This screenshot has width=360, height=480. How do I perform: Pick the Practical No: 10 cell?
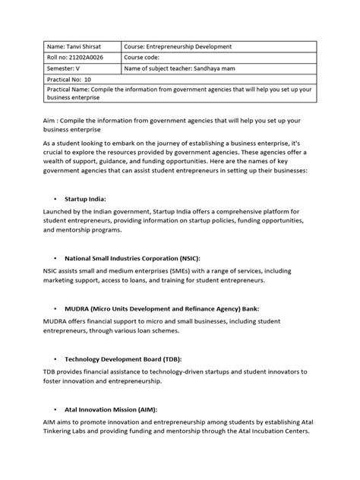[69, 78]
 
